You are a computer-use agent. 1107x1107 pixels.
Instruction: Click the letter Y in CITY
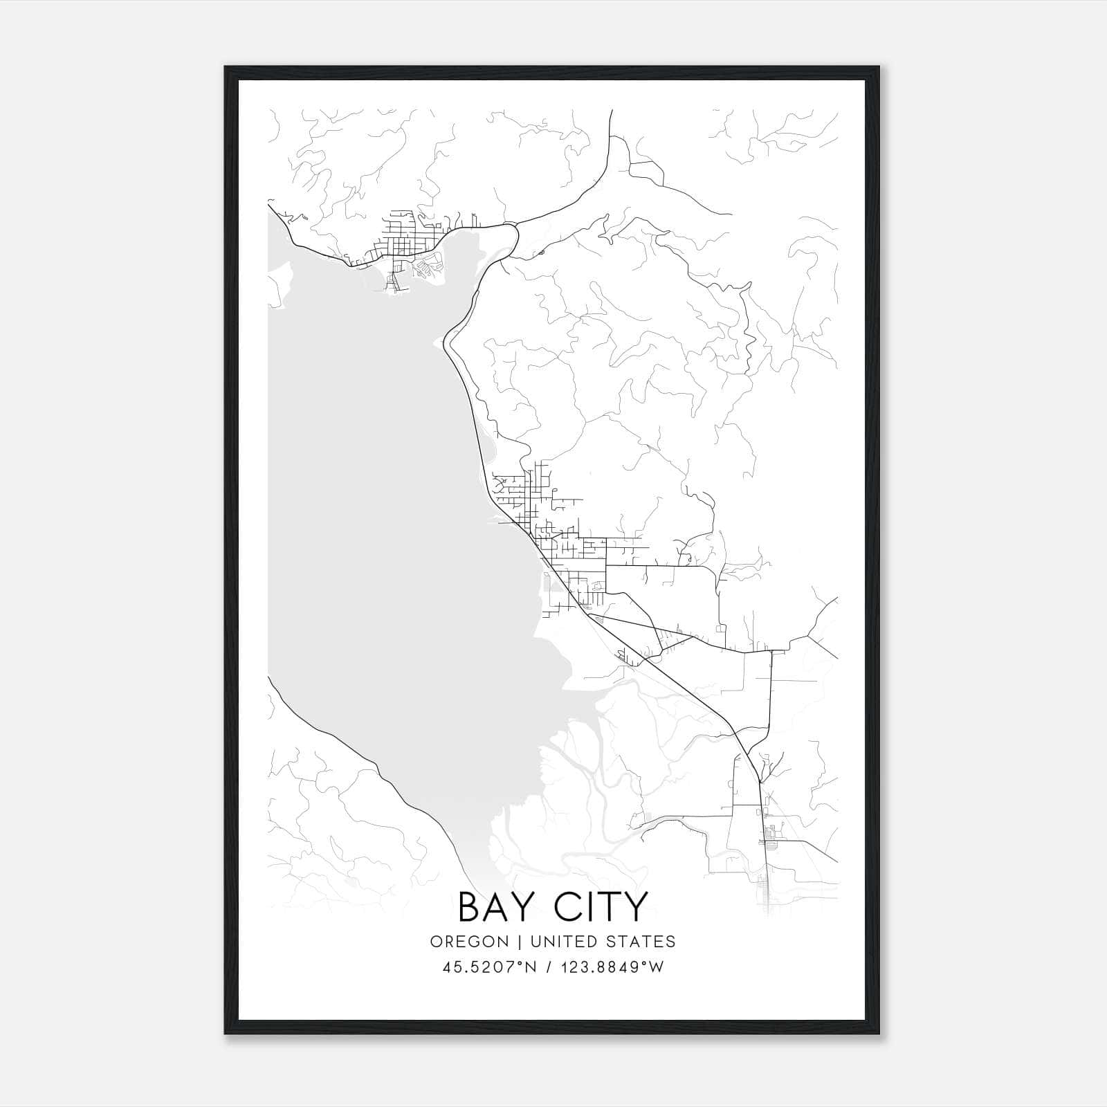tap(636, 906)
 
